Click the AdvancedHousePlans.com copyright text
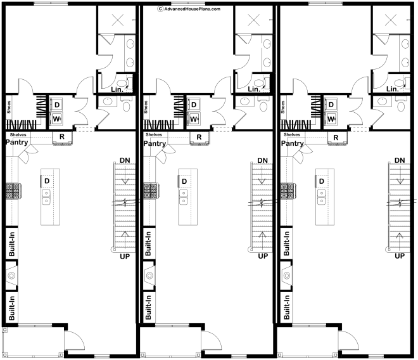(x=189, y=9)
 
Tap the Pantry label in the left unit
(x=17, y=142)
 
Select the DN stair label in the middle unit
(x=263, y=160)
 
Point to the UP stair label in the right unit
(x=400, y=256)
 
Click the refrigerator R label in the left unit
(x=62, y=137)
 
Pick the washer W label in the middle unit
(x=194, y=119)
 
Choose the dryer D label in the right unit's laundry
(x=331, y=105)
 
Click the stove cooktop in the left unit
(x=13, y=191)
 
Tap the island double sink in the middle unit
(x=184, y=197)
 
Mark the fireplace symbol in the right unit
(x=286, y=276)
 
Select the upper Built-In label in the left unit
(x=12, y=243)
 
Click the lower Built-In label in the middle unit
(x=148, y=307)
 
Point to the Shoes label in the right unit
(x=283, y=106)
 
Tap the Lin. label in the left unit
(x=117, y=89)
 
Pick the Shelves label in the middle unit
(x=154, y=135)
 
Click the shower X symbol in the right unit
(x=391, y=20)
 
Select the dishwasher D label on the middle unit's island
(x=184, y=181)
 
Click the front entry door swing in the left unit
(x=75, y=340)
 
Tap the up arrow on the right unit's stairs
(x=400, y=240)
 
